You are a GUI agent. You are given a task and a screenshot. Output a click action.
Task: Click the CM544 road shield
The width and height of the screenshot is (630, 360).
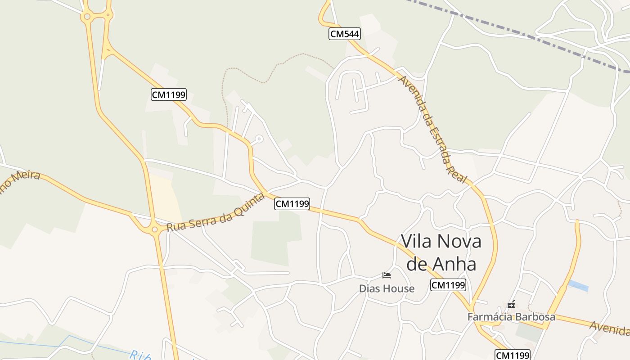click(x=344, y=34)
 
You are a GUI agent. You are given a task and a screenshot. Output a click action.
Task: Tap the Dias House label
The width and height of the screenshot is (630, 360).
click(x=387, y=288)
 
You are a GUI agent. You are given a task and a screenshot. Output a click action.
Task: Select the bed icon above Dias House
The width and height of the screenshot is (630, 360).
click(x=387, y=275)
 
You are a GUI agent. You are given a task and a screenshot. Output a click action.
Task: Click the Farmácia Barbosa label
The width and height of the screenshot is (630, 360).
click(x=511, y=317)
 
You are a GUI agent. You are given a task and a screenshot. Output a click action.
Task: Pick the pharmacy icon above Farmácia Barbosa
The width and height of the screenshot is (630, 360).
click(x=511, y=305)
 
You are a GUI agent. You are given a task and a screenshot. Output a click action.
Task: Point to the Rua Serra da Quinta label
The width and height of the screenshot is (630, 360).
click(x=215, y=212)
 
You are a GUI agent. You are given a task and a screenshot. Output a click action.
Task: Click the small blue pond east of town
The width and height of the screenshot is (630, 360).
click(x=578, y=286)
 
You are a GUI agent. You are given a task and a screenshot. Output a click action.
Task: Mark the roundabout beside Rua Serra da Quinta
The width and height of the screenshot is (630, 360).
click(x=155, y=229)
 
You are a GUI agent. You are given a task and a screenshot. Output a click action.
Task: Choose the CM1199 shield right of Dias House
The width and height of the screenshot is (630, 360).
click(x=448, y=285)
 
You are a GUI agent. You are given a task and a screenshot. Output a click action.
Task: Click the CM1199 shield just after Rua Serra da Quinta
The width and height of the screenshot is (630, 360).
click(x=292, y=204)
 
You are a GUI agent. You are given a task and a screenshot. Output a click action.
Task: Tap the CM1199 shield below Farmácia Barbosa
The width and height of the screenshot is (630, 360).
click(x=513, y=355)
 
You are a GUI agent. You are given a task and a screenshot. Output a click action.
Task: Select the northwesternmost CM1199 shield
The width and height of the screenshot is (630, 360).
click(x=168, y=94)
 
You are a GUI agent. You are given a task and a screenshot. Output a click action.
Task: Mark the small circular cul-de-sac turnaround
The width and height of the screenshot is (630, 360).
click(x=259, y=139)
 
